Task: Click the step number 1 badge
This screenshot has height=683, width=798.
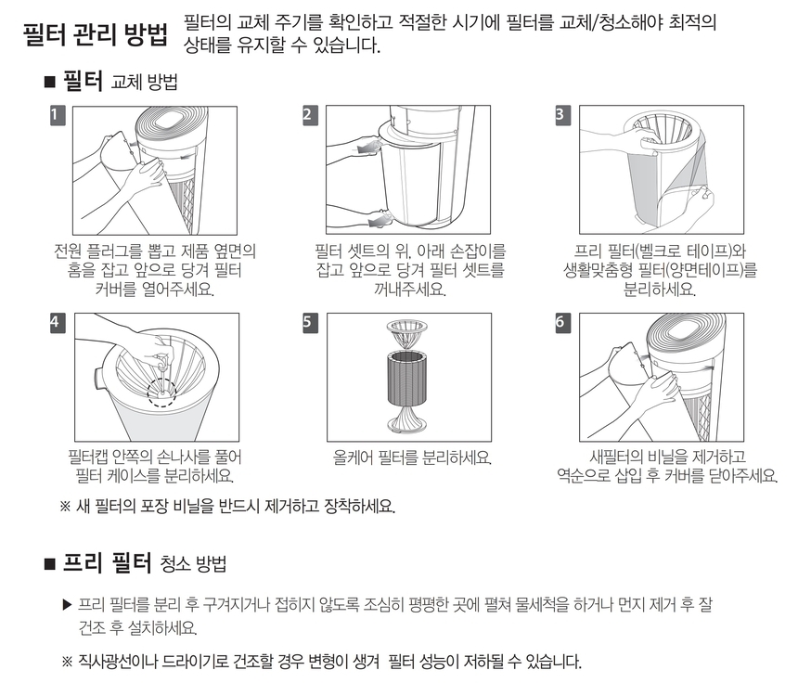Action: point(58,115)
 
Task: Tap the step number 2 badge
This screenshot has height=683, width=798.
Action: point(310,115)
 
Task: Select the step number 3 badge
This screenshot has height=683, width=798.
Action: point(563,115)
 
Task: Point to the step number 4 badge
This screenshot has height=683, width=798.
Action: point(58,323)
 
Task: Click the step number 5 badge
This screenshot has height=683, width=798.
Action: point(310,323)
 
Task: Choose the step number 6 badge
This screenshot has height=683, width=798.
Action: point(563,323)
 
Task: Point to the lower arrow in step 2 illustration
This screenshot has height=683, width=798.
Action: point(380,219)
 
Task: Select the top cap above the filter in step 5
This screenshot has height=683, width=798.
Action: point(407,332)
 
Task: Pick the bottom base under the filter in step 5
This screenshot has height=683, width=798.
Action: point(407,419)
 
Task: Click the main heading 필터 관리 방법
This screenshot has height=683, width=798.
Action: point(96,34)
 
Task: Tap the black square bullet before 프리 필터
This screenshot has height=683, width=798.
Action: point(50,564)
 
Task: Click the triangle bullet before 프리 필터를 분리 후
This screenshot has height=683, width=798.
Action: point(67,605)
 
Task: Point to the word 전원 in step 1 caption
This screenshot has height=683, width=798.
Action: point(68,251)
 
